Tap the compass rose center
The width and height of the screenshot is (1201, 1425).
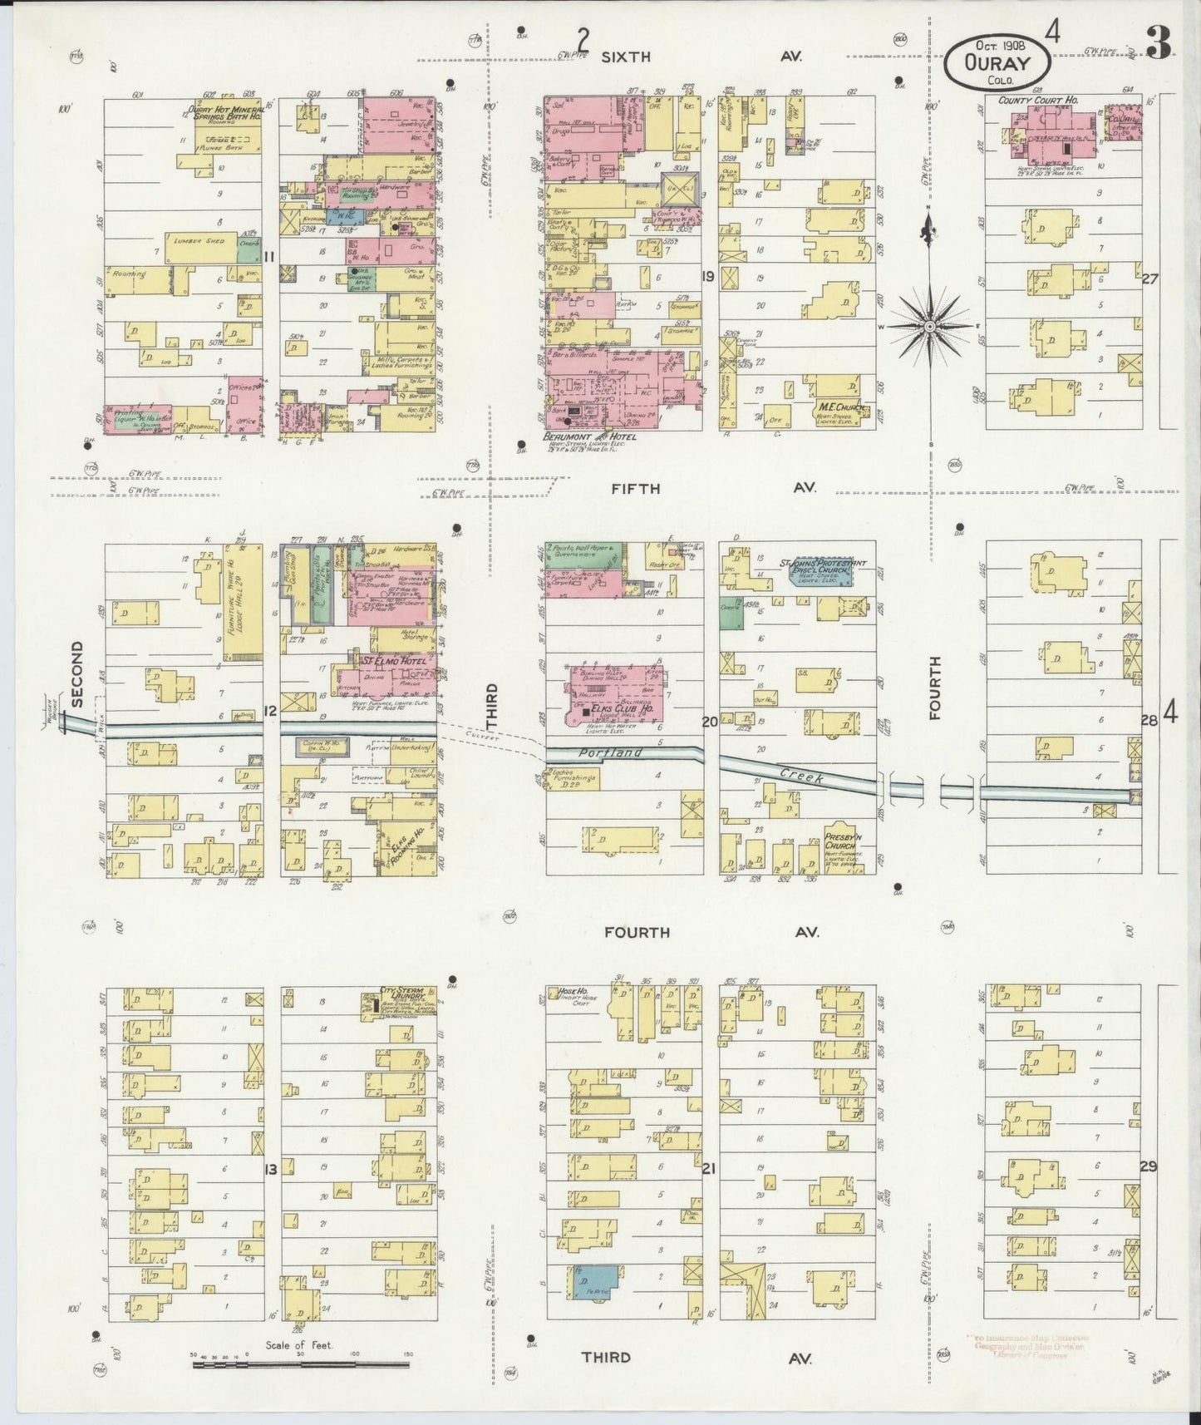coord(928,328)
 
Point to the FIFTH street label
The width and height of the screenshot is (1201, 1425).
coord(636,489)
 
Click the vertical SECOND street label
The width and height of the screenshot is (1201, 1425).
coord(77,674)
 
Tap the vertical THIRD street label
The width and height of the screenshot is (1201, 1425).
coord(491,706)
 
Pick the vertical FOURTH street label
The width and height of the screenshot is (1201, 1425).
coord(935,687)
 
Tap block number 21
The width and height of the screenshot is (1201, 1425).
coord(708,1168)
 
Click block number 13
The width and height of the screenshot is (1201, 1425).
coord(270,1170)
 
